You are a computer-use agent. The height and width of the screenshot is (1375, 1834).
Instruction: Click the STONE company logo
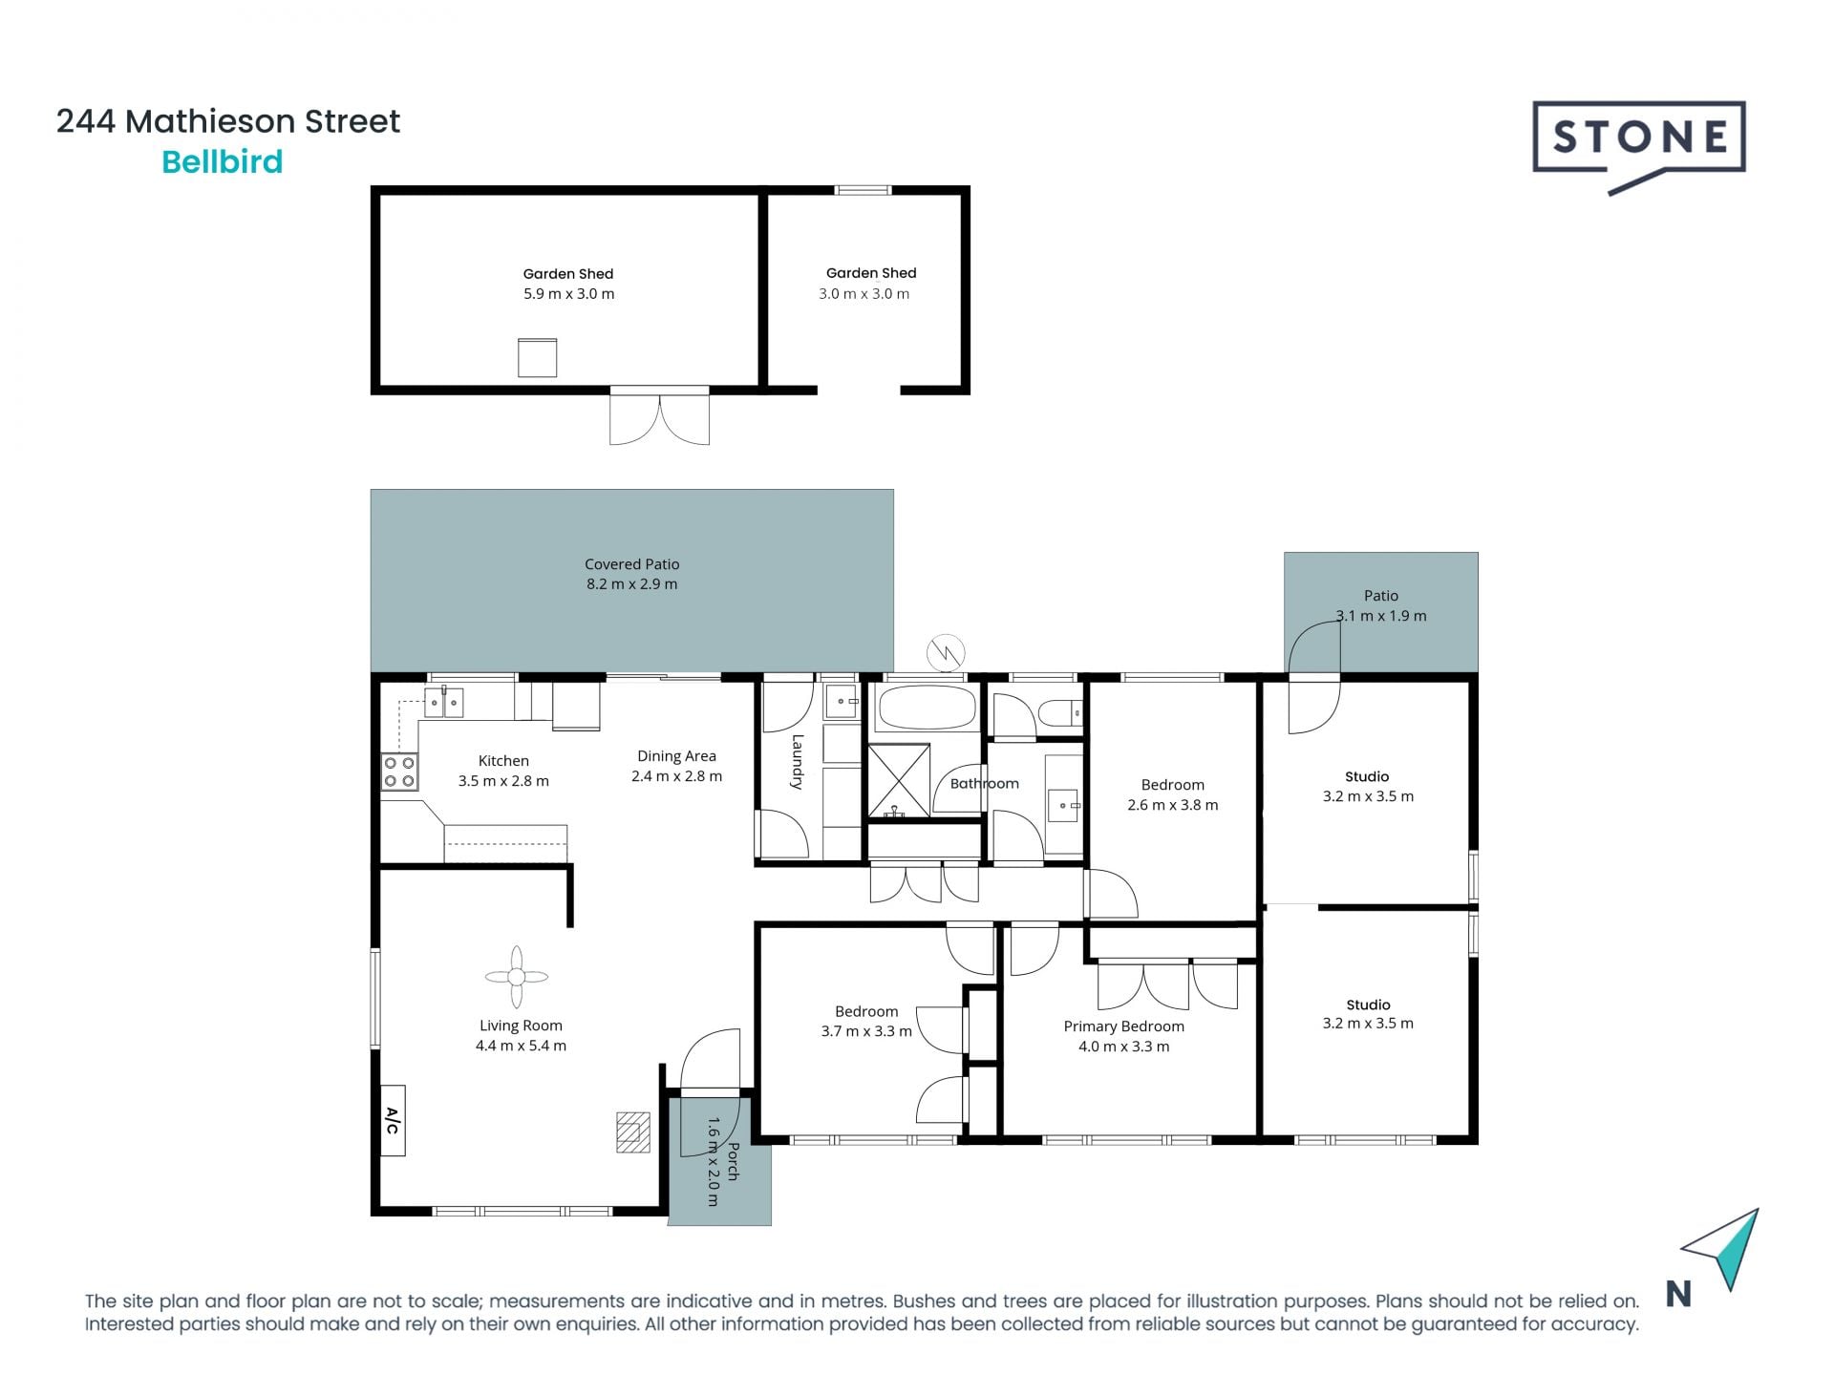[x=1639, y=139]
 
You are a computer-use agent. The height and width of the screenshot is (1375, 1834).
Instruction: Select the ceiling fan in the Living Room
[x=516, y=977]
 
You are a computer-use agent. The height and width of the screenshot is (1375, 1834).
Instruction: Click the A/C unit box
[x=393, y=1120]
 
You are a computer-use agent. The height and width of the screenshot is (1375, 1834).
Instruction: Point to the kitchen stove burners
[x=399, y=772]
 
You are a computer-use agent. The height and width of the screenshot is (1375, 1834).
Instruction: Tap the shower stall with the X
[x=898, y=781]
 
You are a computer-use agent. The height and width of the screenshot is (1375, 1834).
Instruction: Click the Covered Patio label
[x=631, y=564]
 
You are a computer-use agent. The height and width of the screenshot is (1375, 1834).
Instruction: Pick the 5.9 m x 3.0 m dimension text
[x=568, y=294]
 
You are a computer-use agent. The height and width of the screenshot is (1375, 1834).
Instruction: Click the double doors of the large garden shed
[x=659, y=418]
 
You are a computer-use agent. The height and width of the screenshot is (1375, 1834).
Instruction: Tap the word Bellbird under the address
[x=222, y=162]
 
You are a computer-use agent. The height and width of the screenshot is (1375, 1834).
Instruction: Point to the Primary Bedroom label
[x=1123, y=1026]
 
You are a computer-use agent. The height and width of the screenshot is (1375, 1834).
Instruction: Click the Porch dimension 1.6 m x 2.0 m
[x=713, y=1161]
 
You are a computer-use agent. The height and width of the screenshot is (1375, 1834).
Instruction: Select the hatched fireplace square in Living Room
[x=632, y=1132]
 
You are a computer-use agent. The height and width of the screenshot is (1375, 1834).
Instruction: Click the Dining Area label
[x=676, y=756]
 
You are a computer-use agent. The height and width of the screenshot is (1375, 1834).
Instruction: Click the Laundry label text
[x=797, y=761]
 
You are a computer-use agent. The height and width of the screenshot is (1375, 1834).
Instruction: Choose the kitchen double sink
[x=443, y=703]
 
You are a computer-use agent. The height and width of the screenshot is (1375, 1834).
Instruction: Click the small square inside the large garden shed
[x=537, y=357]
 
